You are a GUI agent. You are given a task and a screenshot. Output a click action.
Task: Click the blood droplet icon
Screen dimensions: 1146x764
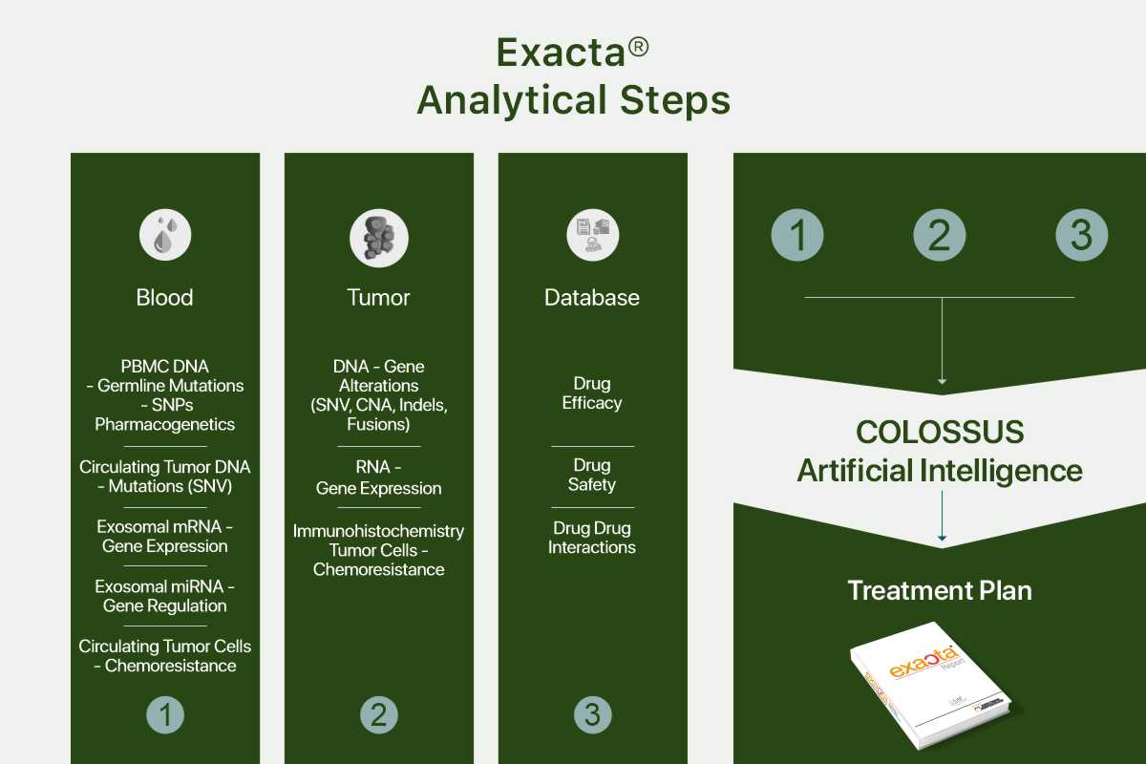pos(165,235)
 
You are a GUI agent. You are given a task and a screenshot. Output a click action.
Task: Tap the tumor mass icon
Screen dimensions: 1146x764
pos(379,238)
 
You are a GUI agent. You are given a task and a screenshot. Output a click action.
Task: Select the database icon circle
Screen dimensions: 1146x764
pos(593,235)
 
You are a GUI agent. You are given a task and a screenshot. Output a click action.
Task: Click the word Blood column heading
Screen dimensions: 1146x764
pos(164,297)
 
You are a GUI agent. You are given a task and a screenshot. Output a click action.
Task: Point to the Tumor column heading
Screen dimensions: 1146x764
pos(378,297)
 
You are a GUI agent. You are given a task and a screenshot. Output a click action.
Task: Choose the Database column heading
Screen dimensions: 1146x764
pos(592,297)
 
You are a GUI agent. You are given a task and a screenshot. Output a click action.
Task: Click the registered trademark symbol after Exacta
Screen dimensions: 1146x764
pos(639,47)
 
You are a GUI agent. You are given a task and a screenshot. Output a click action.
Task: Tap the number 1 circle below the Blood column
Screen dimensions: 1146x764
pos(165,715)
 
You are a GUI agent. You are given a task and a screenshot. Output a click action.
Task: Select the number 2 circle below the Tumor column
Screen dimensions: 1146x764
pos(379,715)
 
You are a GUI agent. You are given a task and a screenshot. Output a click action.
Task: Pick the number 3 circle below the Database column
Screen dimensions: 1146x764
pos(593,715)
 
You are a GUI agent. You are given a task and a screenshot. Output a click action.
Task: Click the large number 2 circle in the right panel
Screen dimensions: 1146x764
pos(940,235)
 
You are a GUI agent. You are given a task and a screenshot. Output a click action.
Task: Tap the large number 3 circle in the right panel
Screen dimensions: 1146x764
pos(1082,235)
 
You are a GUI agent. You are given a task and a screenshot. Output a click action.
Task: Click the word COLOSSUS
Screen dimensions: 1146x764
pos(941,432)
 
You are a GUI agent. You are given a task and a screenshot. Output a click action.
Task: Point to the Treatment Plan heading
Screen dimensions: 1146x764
pos(940,590)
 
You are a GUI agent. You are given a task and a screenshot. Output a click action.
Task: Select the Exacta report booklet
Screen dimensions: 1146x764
pos(931,686)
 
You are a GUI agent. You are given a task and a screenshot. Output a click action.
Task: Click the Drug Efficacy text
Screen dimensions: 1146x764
pos(592,393)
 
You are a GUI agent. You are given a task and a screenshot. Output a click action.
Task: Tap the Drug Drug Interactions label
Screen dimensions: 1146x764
pos(592,538)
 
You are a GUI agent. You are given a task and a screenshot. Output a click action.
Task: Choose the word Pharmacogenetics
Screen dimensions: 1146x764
pos(164,424)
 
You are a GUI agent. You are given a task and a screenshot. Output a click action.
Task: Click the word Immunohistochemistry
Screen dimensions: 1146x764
pos(378,531)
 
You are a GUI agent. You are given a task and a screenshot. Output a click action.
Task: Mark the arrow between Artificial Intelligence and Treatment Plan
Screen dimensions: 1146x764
pos(942,516)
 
